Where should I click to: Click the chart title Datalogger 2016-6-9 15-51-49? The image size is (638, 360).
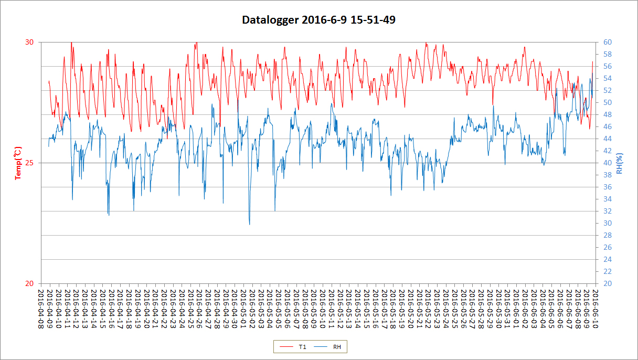tap(318, 20)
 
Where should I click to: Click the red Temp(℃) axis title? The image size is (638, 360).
tap(19, 163)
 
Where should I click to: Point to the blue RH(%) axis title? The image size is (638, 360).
tap(620, 163)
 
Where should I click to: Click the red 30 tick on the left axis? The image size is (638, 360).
tap(30, 42)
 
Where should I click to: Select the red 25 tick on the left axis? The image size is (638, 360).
tap(30, 163)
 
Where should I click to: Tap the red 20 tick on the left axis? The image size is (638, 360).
tap(30, 283)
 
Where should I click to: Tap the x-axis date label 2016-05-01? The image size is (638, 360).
tap(243, 310)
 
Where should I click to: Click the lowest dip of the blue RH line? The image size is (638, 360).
tap(249, 224)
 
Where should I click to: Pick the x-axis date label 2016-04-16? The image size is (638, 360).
tap(111, 310)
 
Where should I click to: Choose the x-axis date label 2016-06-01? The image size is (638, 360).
tap(516, 310)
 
